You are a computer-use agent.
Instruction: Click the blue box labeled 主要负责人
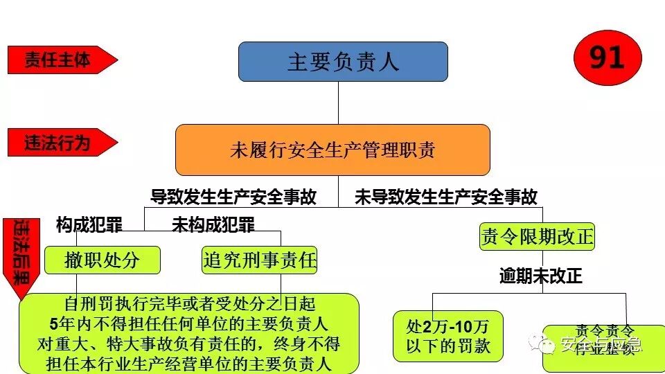coord(343,62)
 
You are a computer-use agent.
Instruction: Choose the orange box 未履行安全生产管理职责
coord(332,150)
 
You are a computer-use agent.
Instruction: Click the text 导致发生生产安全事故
coord(233,197)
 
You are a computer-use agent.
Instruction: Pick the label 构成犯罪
coord(89,224)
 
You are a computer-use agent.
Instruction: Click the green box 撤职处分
coord(102,260)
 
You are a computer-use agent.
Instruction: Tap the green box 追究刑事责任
coord(260,260)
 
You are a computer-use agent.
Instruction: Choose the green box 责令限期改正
coord(537,237)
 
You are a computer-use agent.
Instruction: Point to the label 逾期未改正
coord(541,276)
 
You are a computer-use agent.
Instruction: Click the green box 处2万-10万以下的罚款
coord(447,336)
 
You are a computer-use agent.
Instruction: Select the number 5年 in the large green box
coord(61,323)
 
